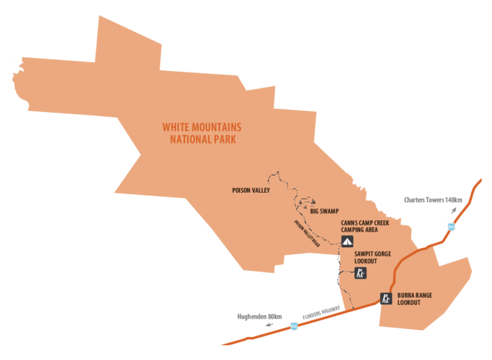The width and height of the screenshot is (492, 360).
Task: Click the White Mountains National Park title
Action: (201, 133)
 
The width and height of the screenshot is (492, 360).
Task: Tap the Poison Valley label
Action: (251, 190)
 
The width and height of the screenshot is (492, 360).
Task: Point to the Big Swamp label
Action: (324, 211)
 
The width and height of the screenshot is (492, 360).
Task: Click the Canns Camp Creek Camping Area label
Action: (366, 225)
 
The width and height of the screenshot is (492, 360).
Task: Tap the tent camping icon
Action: (347, 241)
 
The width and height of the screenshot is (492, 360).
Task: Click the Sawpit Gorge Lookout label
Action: (372, 258)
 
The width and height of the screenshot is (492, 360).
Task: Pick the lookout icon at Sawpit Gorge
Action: (361, 274)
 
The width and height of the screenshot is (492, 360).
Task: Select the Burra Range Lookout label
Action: (414, 299)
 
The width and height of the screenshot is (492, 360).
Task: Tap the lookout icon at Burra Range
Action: (386, 298)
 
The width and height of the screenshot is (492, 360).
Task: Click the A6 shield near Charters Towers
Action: (452, 226)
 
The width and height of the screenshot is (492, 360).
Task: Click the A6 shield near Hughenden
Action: (294, 325)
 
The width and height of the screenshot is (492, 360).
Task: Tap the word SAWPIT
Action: (365, 254)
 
